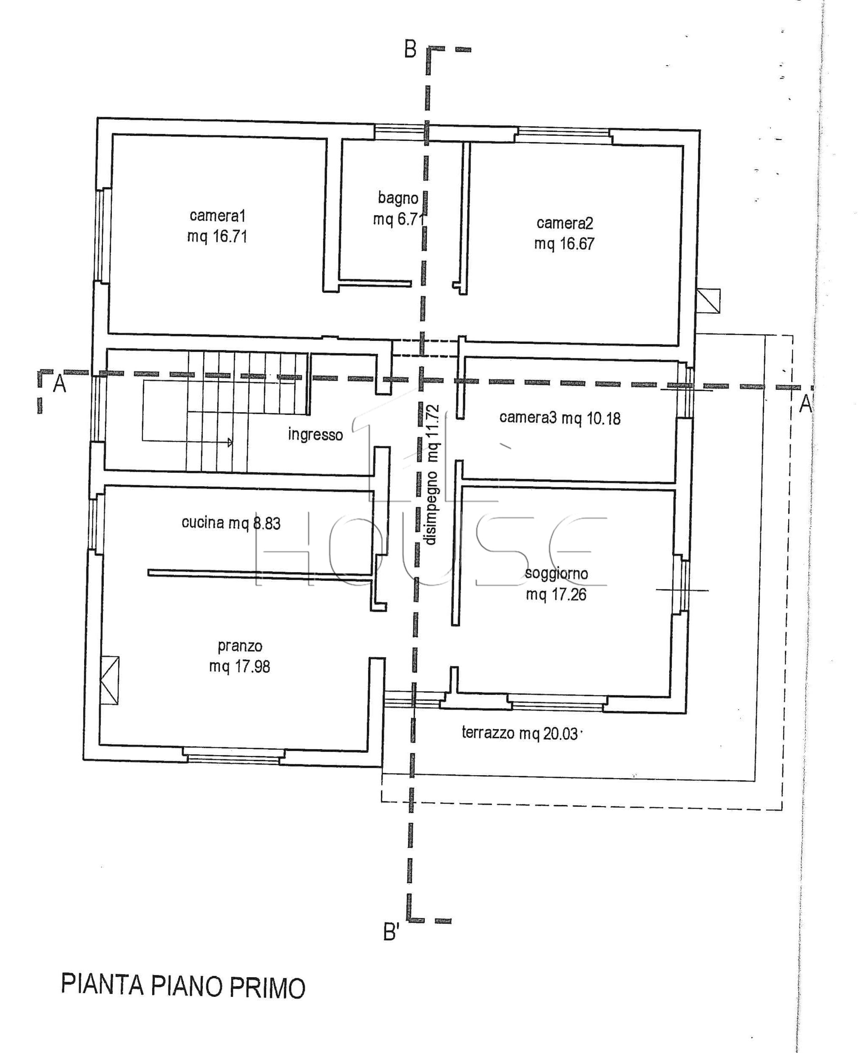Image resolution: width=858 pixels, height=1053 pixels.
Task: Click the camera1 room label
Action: tap(217, 216)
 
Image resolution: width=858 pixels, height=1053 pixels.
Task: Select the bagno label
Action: tap(398, 198)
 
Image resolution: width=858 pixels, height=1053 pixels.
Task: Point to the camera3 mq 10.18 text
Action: tap(560, 418)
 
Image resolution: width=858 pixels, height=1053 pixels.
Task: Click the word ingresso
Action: tap(315, 435)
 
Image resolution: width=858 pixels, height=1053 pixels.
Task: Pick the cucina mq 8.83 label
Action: tap(231, 523)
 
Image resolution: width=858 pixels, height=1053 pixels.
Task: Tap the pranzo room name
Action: tap(240, 646)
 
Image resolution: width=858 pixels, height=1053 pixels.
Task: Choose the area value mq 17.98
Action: tap(240, 667)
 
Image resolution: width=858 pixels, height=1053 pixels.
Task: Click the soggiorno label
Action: tap(556, 573)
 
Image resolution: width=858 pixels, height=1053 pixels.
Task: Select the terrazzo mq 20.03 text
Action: tap(520, 733)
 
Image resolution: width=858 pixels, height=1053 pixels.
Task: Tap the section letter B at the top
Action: tap(410, 49)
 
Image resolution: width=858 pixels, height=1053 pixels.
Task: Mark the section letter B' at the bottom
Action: tap(391, 932)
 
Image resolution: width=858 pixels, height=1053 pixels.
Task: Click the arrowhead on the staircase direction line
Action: tap(230, 442)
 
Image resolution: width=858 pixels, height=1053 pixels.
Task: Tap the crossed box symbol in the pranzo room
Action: tap(109, 680)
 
